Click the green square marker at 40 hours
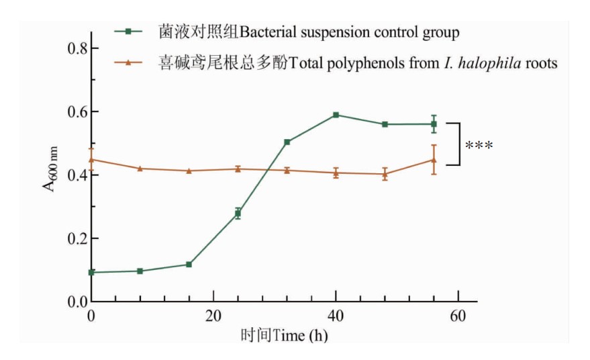[336, 115]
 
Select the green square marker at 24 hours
[238, 214]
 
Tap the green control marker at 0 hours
[91, 273]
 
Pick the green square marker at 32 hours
[287, 142]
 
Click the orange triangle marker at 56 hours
[434, 160]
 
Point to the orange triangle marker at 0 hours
[91, 159]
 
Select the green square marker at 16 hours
[189, 265]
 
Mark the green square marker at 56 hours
[434, 124]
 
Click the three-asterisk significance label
[479, 145]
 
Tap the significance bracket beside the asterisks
[460, 144]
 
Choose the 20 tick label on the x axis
[213, 316]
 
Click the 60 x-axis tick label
[458, 316]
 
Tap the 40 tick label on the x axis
[336, 316]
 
